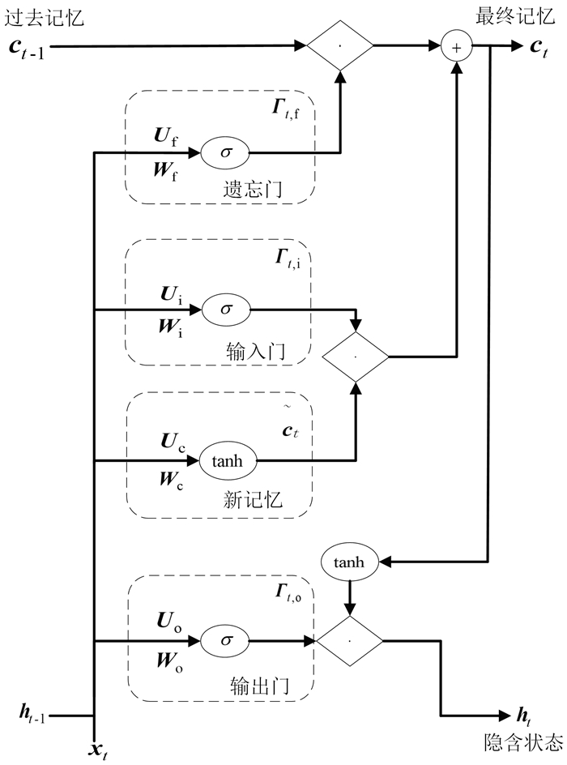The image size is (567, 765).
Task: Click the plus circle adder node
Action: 456,48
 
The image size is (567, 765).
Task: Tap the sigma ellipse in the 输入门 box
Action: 226,309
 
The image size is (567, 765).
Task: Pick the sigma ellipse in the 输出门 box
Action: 226,640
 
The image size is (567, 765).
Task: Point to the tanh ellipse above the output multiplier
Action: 350,561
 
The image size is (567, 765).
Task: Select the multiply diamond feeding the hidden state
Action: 349,640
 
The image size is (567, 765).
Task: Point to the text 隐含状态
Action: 512,740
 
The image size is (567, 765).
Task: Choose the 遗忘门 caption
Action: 252,190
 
